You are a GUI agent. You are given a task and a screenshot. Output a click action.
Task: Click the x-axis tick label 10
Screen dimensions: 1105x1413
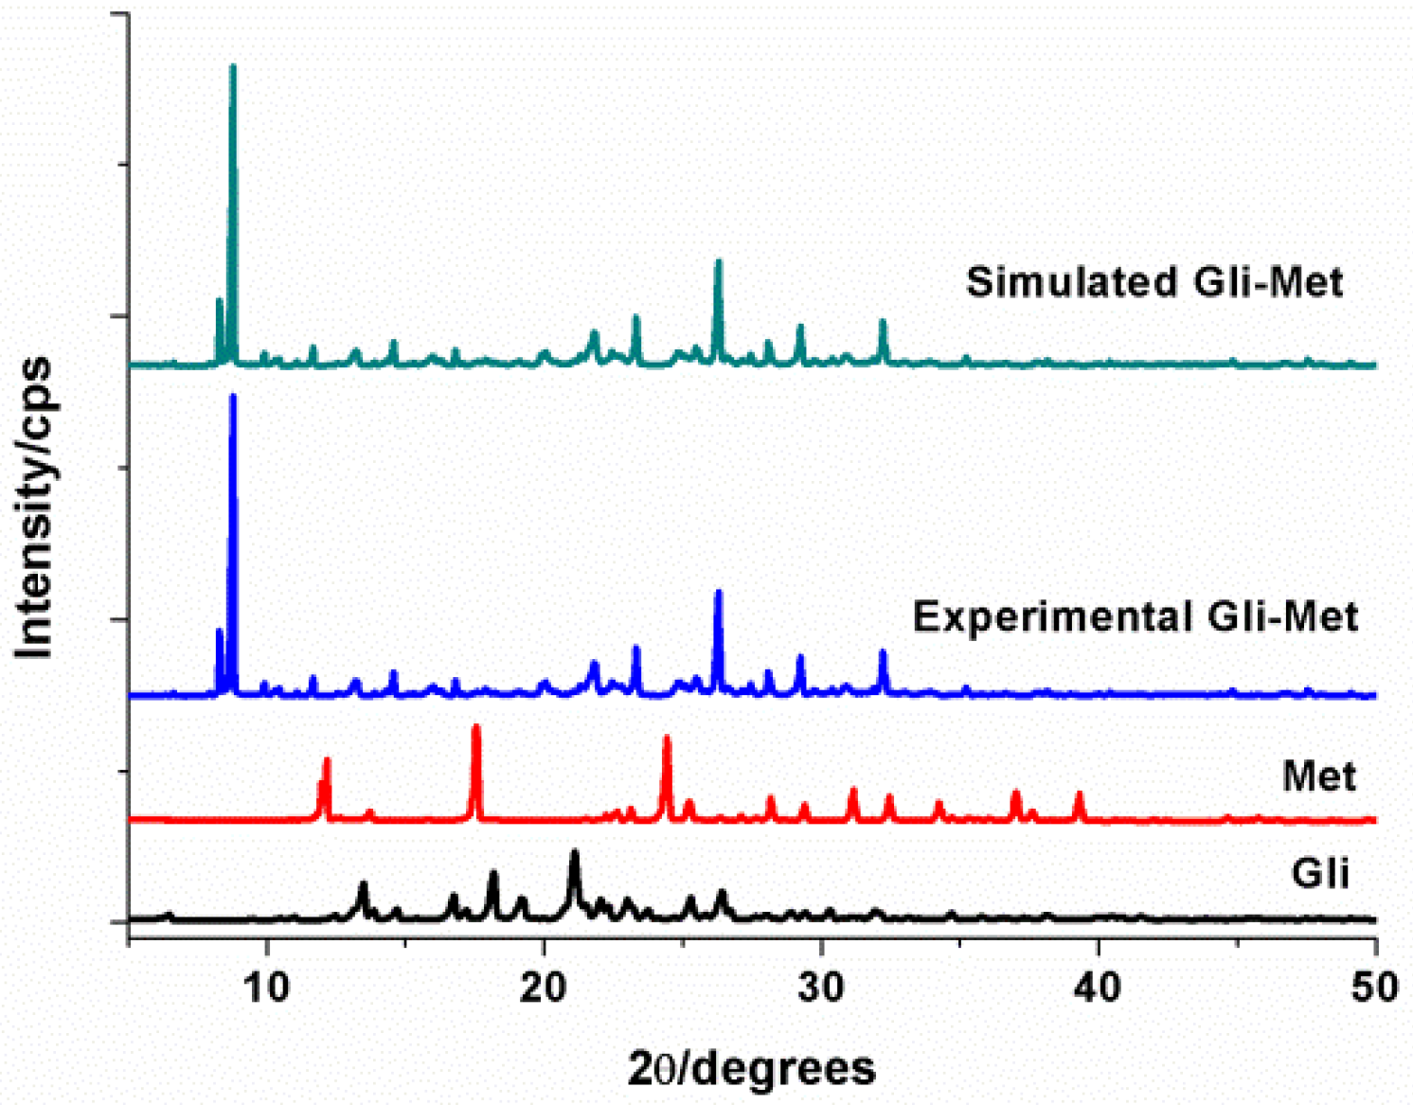(x=267, y=988)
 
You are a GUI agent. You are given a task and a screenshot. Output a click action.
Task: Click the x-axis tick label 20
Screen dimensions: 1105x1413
(x=544, y=988)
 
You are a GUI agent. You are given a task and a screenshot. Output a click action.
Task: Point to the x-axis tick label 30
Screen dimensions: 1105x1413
(x=821, y=988)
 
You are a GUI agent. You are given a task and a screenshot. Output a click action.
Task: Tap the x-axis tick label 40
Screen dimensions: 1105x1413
(x=1098, y=988)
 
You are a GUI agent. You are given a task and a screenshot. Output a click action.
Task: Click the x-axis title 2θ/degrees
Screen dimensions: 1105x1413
(x=752, y=1068)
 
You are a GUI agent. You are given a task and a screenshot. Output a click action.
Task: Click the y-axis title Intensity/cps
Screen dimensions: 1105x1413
(x=34, y=507)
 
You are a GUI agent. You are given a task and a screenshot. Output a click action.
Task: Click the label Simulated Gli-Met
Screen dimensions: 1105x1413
(x=1154, y=282)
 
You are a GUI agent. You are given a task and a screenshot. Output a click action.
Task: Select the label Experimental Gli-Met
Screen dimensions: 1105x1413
(x=1135, y=616)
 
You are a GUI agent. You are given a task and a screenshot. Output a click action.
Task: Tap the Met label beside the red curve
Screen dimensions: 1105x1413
(x=1318, y=776)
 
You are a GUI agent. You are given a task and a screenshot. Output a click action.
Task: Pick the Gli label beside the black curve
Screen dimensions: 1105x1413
(x=1319, y=872)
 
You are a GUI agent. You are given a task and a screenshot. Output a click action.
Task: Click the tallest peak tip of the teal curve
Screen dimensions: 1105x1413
(x=233, y=67)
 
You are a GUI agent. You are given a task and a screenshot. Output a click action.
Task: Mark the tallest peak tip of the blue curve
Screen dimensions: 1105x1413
(x=233, y=397)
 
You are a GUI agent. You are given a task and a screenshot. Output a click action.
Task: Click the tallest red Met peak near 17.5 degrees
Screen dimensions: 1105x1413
(x=475, y=727)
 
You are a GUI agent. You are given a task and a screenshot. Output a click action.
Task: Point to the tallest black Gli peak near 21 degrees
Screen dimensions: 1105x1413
(x=574, y=853)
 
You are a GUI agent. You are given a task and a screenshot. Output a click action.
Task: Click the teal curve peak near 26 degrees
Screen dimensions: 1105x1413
(x=718, y=262)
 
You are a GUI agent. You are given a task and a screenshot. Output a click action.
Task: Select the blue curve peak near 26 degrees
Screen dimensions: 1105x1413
(x=718, y=593)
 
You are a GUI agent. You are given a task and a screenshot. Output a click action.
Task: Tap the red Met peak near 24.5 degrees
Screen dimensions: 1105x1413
(x=667, y=738)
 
